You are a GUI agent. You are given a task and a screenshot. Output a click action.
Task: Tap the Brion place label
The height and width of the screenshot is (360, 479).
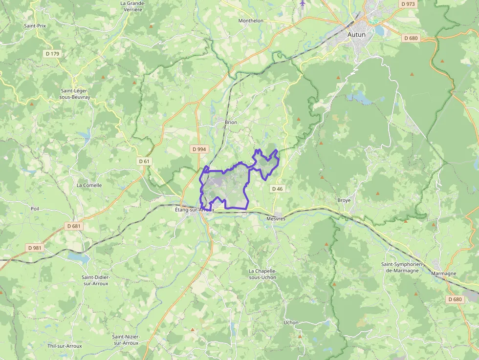231,122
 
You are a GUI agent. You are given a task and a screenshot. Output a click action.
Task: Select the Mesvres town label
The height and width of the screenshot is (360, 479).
276,219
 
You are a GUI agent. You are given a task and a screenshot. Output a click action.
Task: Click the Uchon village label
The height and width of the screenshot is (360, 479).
291,322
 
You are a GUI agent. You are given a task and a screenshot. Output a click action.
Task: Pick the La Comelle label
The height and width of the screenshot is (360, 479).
89,185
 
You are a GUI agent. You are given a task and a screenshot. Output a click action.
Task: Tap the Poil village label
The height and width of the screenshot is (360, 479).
35,208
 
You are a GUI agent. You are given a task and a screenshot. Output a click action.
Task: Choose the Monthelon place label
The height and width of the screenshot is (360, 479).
251,21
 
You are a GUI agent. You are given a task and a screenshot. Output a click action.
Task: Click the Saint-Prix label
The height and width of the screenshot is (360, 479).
35,25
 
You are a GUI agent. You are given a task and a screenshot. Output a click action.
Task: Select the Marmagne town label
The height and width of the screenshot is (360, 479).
444,274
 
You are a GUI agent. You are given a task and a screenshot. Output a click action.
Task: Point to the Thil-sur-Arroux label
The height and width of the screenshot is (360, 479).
65,346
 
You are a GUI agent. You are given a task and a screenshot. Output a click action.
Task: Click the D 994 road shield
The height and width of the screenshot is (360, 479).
198,148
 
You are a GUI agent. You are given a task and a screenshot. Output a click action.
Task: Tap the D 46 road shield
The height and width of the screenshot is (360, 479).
277,189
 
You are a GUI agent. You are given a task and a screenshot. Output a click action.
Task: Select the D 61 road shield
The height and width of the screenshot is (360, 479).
144,161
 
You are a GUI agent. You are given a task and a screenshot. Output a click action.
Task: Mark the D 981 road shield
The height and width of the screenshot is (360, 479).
35,248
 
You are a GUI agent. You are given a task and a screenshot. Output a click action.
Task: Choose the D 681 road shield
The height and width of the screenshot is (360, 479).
73,226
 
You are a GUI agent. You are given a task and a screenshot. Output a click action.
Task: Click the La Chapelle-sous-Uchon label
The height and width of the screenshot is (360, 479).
262,274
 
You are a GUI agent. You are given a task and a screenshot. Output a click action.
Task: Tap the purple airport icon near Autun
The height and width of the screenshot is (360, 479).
303,3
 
